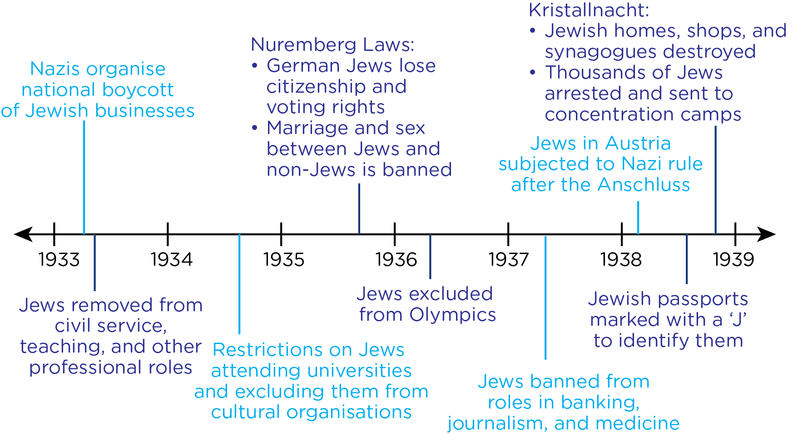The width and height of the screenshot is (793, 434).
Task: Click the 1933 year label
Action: pyautogui.click(x=59, y=259)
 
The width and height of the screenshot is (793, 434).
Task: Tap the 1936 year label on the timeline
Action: pyautogui.click(x=396, y=259)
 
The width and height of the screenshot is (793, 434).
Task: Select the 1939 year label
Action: pyautogui.click(x=734, y=259)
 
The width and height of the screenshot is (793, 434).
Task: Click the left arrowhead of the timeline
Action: pyautogui.click(x=23, y=234)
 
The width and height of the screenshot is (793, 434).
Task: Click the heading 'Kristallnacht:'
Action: pyautogui.click(x=589, y=10)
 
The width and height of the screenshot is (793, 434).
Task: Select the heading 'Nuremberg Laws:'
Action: pyautogui.click(x=332, y=45)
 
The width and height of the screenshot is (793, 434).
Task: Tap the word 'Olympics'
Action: pyautogui.click(x=452, y=314)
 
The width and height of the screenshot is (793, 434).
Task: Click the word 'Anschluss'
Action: pyautogui.click(x=644, y=185)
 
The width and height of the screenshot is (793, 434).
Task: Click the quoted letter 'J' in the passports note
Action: pyautogui.click(x=738, y=319)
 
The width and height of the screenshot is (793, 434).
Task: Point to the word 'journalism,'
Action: pyautogui.click(x=498, y=423)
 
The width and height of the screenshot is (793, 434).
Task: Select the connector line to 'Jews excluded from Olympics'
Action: pyautogui.click(x=430, y=257)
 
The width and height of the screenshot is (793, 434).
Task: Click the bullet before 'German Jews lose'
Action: pyautogui.click(x=255, y=66)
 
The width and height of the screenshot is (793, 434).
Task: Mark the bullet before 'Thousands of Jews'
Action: pyautogui.click(x=533, y=73)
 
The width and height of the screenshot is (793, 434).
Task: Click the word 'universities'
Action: pyautogui.click(x=357, y=370)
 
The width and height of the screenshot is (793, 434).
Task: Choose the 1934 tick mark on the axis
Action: pyautogui.click(x=168, y=234)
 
